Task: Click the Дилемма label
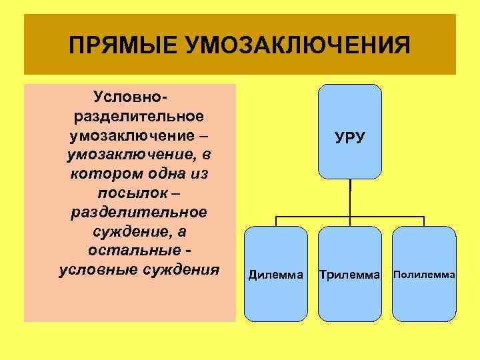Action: click(275, 274)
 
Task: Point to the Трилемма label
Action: click(350, 274)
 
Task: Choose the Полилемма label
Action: click(425, 274)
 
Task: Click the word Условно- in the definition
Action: click(137, 97)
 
